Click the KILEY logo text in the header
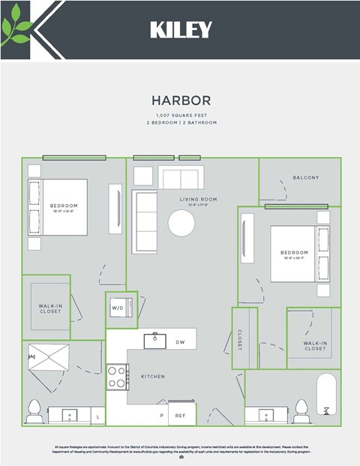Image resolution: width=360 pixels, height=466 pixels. click(181, 29)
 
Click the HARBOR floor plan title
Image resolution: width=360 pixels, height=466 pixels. click(181, 100)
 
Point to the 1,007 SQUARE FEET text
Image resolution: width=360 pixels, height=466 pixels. click(181, 114)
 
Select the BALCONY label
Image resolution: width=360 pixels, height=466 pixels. click(306, 178)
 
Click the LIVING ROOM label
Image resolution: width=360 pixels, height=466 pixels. click(198, 199)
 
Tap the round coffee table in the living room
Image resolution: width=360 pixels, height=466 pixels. click(181, 223)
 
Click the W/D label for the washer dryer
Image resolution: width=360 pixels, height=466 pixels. click(117, 308)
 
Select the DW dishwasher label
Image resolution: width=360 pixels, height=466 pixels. click(180, 342)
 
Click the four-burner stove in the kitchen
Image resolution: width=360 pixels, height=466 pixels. click(117, 376)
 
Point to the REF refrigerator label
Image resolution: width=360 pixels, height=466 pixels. click(180, 414)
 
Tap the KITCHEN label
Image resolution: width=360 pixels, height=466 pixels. click(152, 376)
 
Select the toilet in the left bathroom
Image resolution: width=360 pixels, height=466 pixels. click(34, 411)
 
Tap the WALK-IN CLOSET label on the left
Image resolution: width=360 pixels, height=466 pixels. click(50, 308)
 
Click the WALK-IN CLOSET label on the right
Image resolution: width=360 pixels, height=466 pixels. click(315, 346)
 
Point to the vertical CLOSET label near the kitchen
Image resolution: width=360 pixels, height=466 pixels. click(240, 338)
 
